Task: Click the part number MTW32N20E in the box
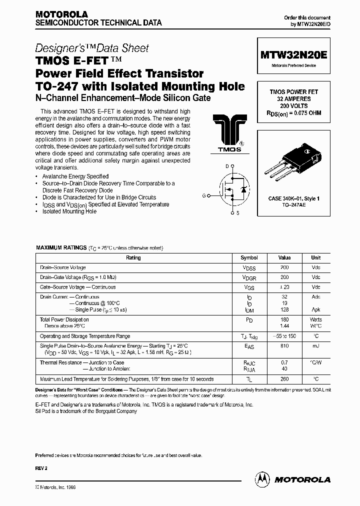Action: point(293,56)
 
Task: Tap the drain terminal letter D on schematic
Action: point(226,166)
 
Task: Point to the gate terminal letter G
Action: point(203,196)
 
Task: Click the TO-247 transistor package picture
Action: point(293,159)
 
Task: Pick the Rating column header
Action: point(133,258)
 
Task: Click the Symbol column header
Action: point(249,258)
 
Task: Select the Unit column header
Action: point(316,258)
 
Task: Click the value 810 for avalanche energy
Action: point(284,345)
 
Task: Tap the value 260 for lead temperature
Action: point(284,379)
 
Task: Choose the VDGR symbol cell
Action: point(249,277)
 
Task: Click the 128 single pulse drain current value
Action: point(284,310)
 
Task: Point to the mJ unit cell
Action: point(316,345)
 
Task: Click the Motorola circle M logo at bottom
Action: point(263,479)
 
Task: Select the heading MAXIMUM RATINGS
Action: point(61,248)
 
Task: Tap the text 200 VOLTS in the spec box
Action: point(294,106)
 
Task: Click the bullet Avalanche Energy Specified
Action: point(75,176)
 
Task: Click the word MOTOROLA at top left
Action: point(61,14)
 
